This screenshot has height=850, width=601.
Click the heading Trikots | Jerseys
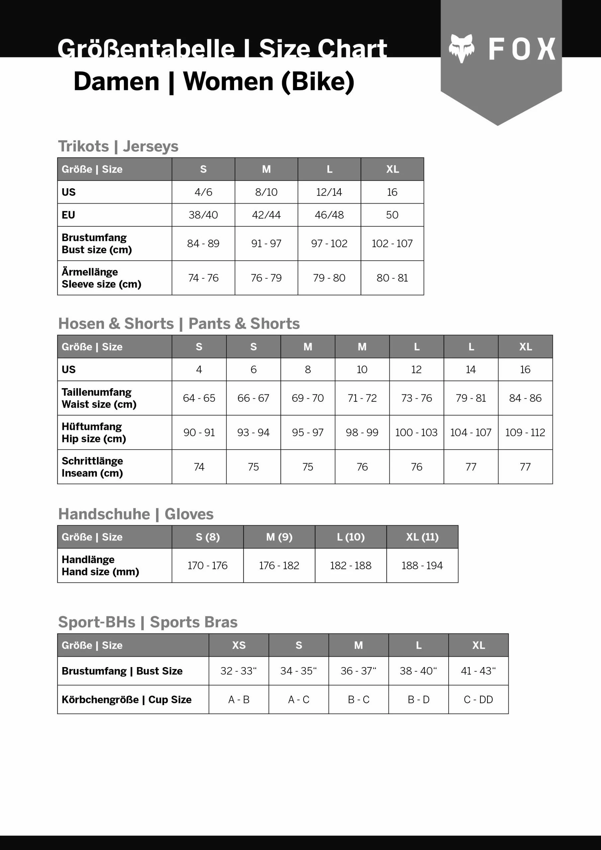click(x=118, y=146)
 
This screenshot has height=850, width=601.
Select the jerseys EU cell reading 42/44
click(x=266, y=215)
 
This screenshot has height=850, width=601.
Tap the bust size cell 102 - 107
click(x=392, y=243)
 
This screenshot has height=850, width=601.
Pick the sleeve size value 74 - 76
click(x=203, y=278)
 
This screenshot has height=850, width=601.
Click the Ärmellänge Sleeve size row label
click(x=102, y=278)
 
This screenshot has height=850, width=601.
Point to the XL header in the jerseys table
click(x=392, y=169)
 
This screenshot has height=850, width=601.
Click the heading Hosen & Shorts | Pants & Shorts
click(x=179, y=323)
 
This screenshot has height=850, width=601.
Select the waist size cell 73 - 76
click(x=417, y=398)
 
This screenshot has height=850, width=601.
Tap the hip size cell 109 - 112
click(x=525, y=432)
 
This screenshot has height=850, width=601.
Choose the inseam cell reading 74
click(x=199, y=467)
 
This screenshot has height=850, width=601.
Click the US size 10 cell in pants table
click(x=362, y=370)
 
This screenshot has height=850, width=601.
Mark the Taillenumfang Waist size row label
click(x=99, y=398)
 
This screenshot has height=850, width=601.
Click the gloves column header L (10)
click(x=351, y=537)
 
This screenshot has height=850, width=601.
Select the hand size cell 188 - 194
click(x=422, y=565)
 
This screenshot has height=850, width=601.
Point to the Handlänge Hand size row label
click(x=100, y=565)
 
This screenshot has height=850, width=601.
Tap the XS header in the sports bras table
click(x=239, y=645)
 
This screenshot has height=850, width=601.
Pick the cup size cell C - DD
click(x=478, y=699)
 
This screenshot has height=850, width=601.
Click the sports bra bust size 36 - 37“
click(x=359, y=671)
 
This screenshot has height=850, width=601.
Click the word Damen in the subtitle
click(x=116, y=81)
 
